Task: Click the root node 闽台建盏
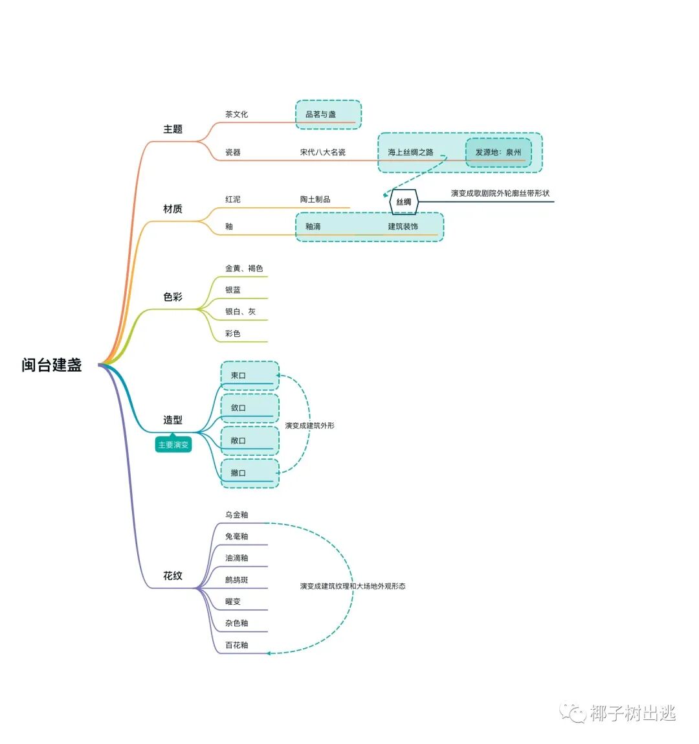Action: click(52, 365)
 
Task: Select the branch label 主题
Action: click(173, 130)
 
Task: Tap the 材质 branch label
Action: click(173, 209)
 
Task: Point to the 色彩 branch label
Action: click(173, 297)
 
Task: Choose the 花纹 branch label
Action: click(173, 576)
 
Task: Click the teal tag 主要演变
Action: click(173, 445)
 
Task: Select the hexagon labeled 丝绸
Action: click(404, 202)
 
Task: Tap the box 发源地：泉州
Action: click(498, 153)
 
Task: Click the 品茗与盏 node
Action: click(321, 115)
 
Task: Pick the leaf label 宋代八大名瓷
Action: click(322, 152)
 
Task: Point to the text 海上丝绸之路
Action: click(410, 153)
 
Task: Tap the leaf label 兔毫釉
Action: click(236, 537)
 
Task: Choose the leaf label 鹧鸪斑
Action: click(236, 580)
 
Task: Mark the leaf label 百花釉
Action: click(236, 646)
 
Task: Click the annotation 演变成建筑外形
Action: click(309, 426)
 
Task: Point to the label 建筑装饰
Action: click(403, 227)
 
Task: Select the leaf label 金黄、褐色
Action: click(244, 269)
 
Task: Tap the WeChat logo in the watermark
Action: click(573, 713)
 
